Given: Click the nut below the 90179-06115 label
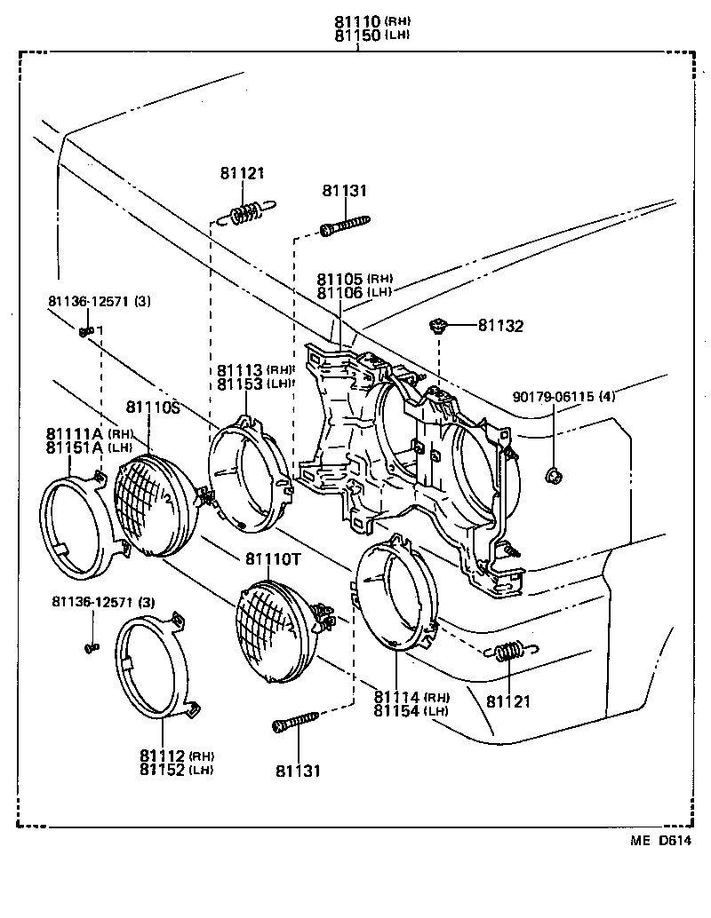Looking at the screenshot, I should pyautogui.click(x=554, y=478).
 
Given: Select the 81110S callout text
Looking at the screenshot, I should pyautogui.click(x=152, y=407).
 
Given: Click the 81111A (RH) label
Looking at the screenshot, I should pyautogui.click(x=89, y=433).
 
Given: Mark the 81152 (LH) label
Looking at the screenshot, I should pyautogui.click(x=176, y=769).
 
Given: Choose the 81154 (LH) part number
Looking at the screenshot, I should pyautogui.click(x=411, y=710).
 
